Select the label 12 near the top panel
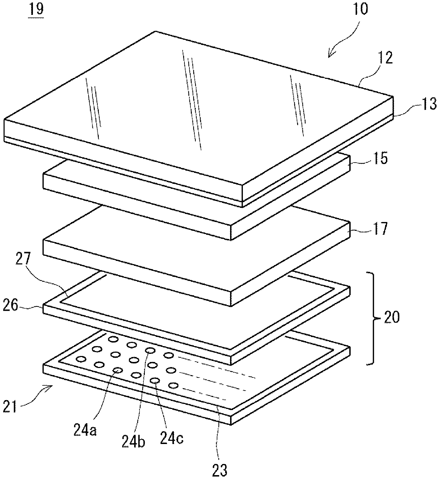pyautogui.click(x=386, y=58)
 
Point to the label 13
pyautogui.click(x=429, y=104)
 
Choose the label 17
pyautogui.click(x=381, y=228)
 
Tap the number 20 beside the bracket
pyautogui.click(x=392, y=317)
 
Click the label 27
pyautogui.click(x=24, y=259)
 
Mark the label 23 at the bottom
pyautogui.click(x=219, y=471)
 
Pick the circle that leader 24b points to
pyautogui.click(x=150, y=351)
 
